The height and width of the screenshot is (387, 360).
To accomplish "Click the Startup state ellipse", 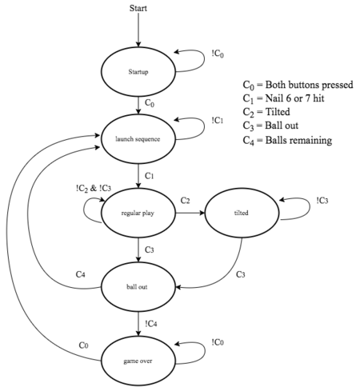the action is click(138, 71).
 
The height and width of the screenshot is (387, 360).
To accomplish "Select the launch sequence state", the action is click(138, 139).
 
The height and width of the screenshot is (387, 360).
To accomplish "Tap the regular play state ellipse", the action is click(138, 213).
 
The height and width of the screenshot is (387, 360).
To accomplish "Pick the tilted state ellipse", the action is click(242, 213).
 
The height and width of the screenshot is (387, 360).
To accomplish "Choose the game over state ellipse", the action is click(138, 361).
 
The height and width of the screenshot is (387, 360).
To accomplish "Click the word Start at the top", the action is click(138, 8).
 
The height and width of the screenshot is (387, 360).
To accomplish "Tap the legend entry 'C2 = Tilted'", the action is click(266, 112).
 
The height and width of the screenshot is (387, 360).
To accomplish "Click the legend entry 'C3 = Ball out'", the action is click(270, 126).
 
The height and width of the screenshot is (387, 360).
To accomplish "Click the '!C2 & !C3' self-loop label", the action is click(94, 189).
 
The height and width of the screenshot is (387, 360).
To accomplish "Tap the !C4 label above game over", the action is click(151, 324).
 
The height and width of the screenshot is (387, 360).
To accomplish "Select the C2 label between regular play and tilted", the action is click(185, 201).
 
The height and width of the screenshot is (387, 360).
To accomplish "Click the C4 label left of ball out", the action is click(81, 274).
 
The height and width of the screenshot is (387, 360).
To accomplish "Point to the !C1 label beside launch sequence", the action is click(218, 121).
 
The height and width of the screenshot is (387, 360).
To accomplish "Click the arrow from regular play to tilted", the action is click(190, 213).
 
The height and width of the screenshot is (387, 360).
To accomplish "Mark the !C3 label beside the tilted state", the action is click(322, 201).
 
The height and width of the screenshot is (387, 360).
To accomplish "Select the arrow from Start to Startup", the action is click(138, 30).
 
